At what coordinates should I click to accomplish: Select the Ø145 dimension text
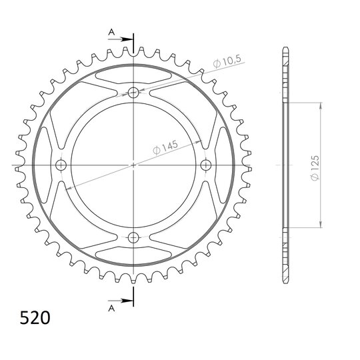(165, 147)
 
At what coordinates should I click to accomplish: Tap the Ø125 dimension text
(315, 168)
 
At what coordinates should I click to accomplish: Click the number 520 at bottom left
(35, 318)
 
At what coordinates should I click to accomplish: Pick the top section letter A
(111, 32)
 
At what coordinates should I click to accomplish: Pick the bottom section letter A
(111, 309)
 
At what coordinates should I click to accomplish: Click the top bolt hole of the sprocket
(133, 93)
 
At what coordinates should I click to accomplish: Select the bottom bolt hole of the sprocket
(133, 237)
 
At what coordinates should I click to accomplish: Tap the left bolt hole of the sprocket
(61, 165)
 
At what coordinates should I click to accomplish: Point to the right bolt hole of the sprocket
(206, 165)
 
